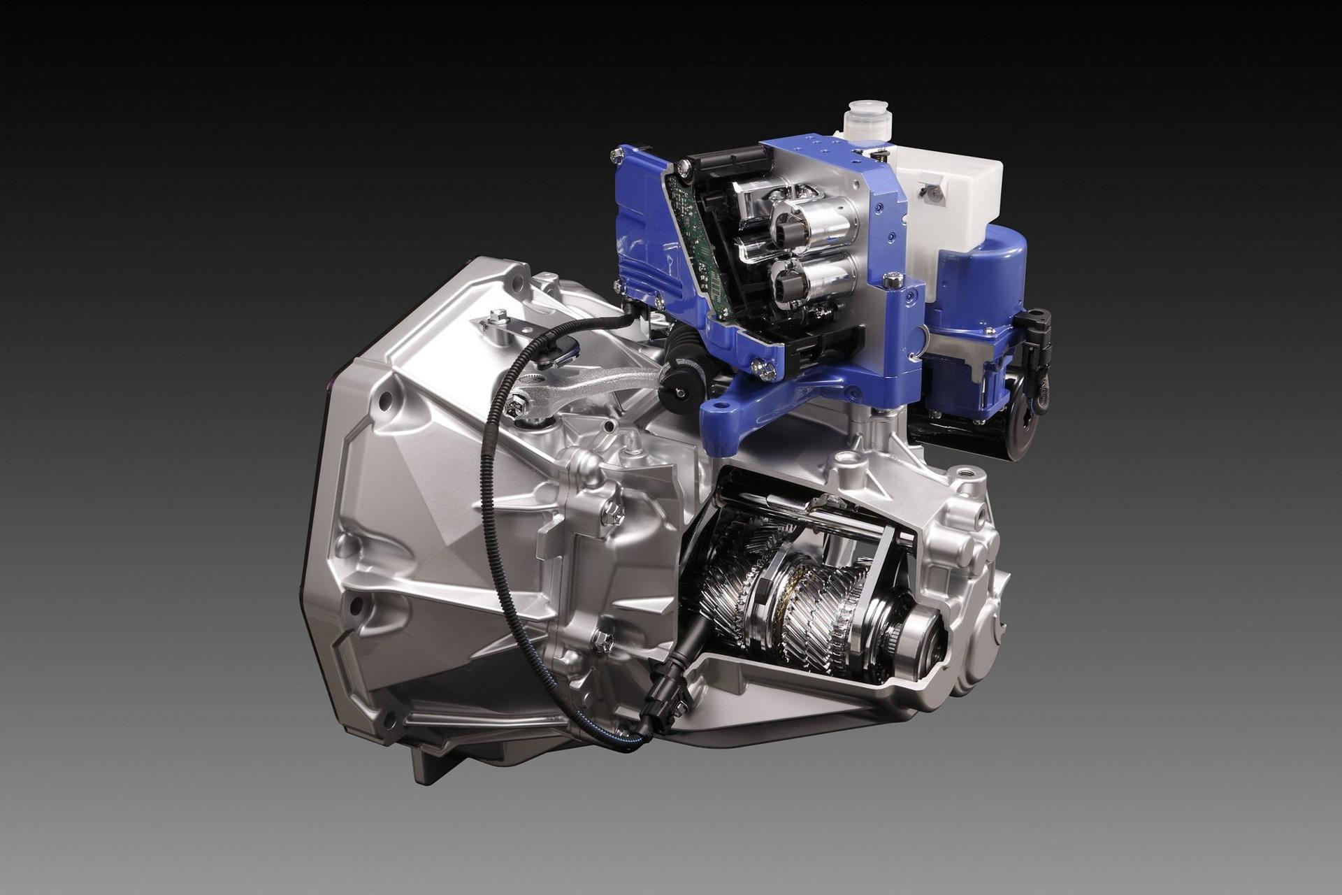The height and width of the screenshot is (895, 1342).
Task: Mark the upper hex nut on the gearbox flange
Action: point(612,513)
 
